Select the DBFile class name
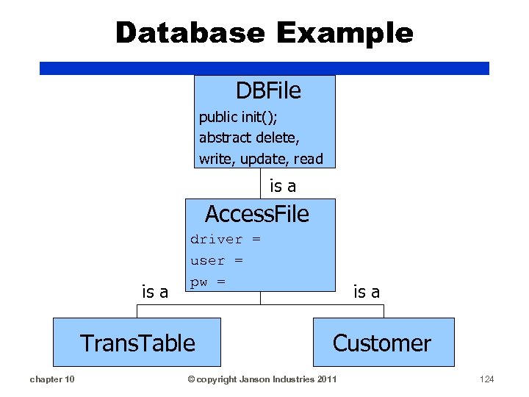(x=268, y=90)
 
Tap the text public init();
(x=238, y=117)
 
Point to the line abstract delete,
(x=248, y=137)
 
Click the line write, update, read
(x=260, y=159)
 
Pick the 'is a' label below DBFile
(x=283, y=187)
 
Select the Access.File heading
(x=256, y=214)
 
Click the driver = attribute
(x=225, y=239)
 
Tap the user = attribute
(x=216, y=260)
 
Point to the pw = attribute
(x=207, y=282)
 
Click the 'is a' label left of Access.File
(x=154, y=292)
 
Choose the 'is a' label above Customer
(x=367, y=292)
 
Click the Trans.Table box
(x=137, y=343)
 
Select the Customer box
(x=382, y=343)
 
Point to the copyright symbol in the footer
(x=190, y=379)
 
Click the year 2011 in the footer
(x=325, y=379)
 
